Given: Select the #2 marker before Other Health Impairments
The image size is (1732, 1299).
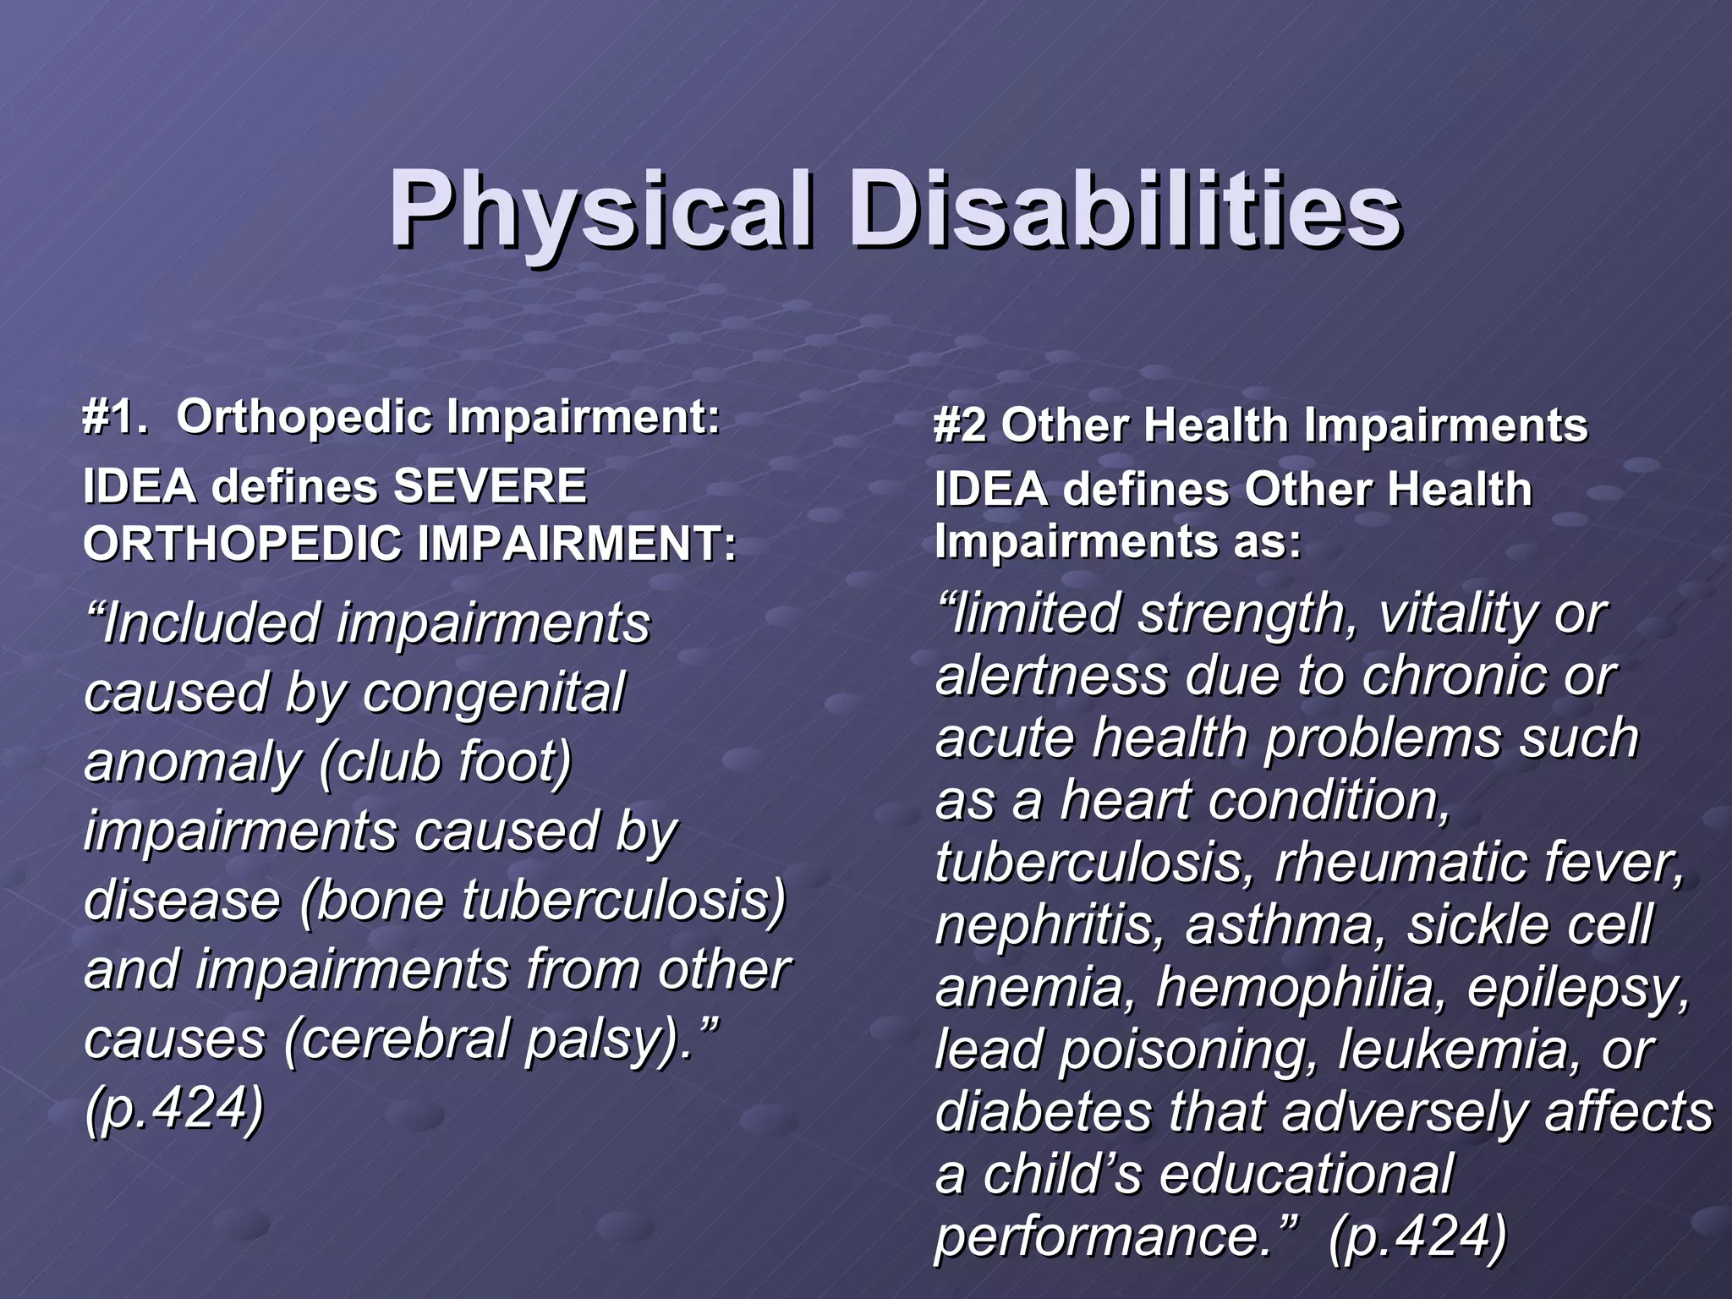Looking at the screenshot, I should [960, 425].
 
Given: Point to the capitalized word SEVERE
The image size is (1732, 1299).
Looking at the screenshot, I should [490, 487].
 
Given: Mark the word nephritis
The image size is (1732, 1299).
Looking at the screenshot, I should [1049, 925].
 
